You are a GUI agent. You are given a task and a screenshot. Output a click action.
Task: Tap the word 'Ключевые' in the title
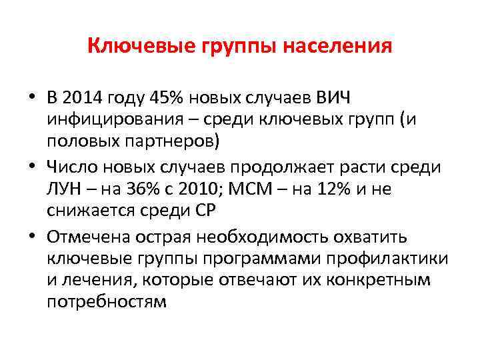tap(131, 47)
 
